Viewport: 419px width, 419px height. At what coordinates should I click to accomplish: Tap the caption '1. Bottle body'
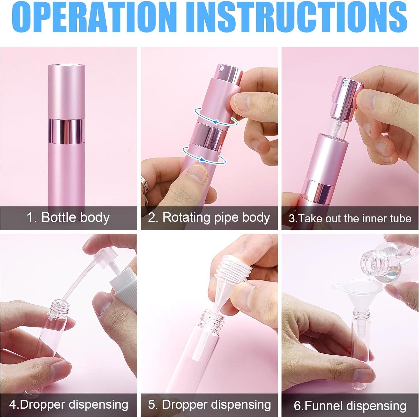coord(68,218)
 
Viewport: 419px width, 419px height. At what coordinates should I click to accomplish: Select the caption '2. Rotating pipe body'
coord(209,218)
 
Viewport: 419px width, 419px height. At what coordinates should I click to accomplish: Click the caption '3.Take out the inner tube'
coord(350,218)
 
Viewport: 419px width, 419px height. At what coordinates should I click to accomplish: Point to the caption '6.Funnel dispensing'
coord(350,406)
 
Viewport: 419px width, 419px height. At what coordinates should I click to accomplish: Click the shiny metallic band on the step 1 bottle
coord(66,131)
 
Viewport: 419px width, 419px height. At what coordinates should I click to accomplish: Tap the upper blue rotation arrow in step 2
coord(216,117)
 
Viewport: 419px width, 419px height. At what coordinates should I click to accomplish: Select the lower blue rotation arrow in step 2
coord(204,155)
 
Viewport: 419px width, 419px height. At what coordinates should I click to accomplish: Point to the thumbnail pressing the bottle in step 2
coord(197,173)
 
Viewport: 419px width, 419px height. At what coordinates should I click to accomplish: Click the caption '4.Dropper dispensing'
coord(69,405)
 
